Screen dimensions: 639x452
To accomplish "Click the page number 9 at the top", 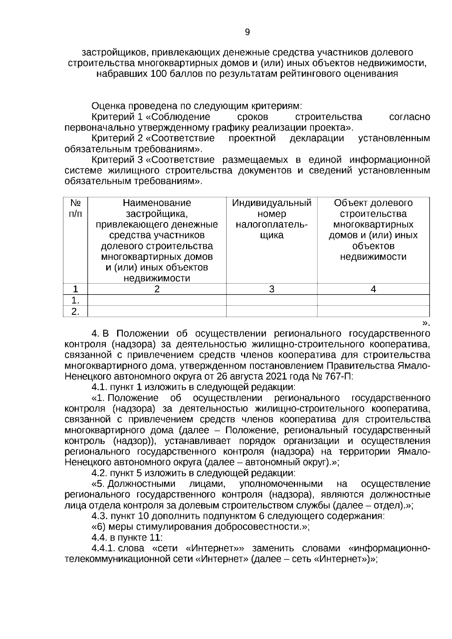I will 247,32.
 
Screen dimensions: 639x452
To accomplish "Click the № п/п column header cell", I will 76,208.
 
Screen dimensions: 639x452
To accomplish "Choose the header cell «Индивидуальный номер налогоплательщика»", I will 272,219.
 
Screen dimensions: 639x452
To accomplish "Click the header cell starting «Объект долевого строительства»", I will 373,230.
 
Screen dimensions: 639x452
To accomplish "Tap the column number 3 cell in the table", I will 272,289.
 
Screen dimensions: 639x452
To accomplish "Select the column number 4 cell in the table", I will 373,289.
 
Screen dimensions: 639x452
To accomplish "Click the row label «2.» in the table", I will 76,311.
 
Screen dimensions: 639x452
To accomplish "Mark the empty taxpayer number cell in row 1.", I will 272,300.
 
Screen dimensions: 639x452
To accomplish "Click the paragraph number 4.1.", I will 99,387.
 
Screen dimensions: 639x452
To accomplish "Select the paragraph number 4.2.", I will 99,473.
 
